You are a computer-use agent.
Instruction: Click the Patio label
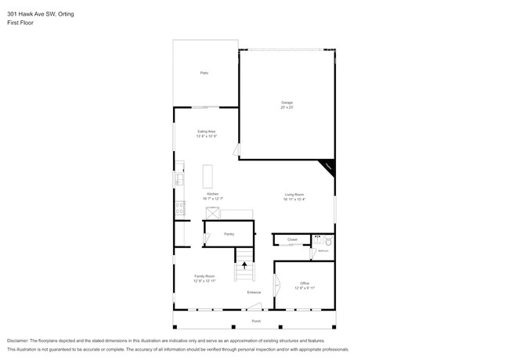204,73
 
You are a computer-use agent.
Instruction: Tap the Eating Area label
206,131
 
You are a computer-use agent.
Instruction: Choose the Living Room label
294,194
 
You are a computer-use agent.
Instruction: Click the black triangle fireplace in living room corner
327,167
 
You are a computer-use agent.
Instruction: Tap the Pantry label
229,233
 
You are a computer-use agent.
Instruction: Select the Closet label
292,239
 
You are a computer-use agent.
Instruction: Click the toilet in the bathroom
327,241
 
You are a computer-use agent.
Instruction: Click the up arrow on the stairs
244,265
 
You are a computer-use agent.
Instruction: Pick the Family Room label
205,275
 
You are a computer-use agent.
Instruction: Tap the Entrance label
254,293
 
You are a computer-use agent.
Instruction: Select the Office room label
305,283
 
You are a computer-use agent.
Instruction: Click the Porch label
255,322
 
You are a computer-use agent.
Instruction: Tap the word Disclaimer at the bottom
18,341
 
